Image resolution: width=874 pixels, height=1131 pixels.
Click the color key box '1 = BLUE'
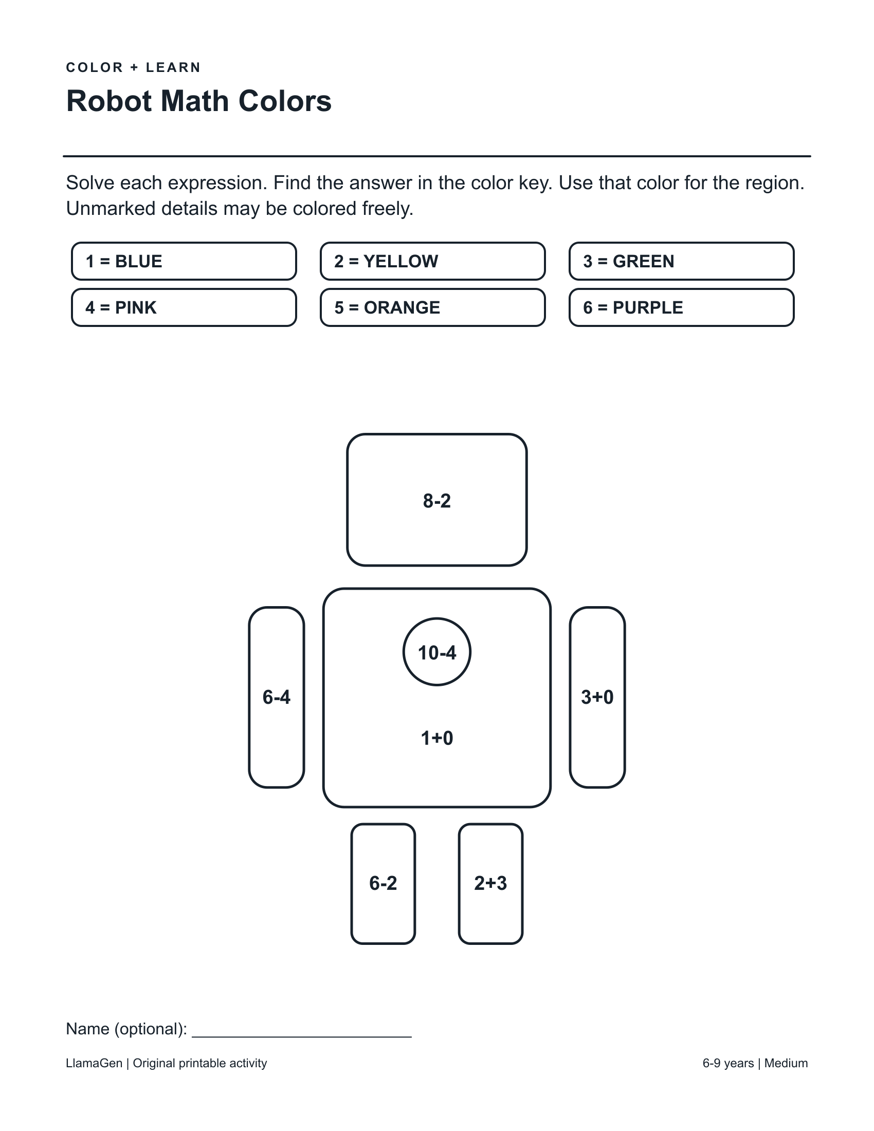(x=184, y=261)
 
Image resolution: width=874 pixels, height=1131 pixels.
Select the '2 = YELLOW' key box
(x=433, y=261)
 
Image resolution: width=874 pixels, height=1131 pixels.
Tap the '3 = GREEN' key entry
(x=681, y=261)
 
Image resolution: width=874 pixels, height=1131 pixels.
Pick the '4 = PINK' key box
(x=184, y=307)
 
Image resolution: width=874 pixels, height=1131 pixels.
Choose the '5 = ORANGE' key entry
(x=433, y=307)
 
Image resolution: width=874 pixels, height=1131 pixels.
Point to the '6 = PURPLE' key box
(x=681, y=307)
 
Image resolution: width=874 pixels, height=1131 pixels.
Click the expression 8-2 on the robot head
(x=437, y=501)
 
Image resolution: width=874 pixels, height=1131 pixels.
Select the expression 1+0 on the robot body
(x=437, y=738)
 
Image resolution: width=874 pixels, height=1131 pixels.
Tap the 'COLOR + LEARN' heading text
(x=134, y=68)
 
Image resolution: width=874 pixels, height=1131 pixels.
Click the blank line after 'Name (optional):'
(x=302, y=1037)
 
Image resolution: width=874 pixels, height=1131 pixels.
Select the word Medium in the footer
(x=786, y=1063)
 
